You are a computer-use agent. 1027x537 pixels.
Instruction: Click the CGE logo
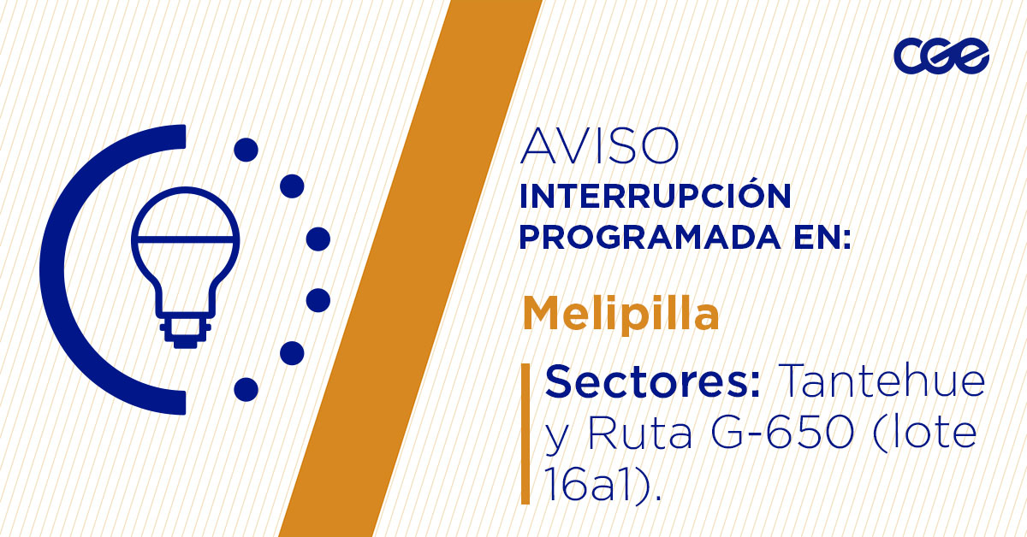click(941, 56)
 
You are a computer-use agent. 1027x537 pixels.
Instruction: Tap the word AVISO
click(599, 146)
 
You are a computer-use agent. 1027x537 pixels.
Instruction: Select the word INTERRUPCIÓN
click(655, 196)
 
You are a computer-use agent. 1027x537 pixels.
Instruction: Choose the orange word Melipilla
click(620, 315)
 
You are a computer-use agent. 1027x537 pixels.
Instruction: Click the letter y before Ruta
click(556, 438)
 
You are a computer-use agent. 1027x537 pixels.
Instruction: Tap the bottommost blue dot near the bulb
click(246, 389)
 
